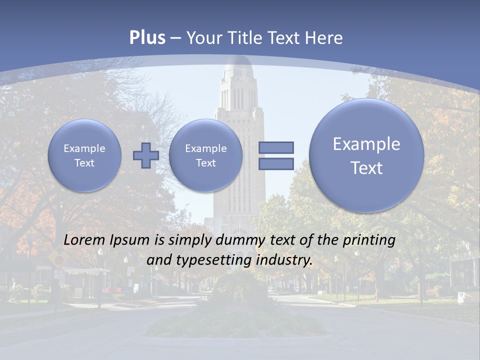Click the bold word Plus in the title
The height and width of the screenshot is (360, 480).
pos(147,38)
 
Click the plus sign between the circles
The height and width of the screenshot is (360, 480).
pos(146,155)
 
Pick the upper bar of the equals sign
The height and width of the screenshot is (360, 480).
pos(276,147)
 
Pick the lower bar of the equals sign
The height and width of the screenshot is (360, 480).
pos(276,163)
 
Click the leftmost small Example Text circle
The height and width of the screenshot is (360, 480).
pos(84,155)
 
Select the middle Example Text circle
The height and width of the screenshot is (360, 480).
pos(205,155)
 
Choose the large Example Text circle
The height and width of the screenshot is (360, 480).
pos(366,155)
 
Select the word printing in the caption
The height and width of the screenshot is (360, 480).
pos(368,240)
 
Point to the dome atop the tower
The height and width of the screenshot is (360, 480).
pos(238,65)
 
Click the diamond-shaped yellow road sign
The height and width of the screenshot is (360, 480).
pos(59,259)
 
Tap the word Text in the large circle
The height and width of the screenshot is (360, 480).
pos(366,168)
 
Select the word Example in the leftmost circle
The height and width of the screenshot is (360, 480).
pos(84,148)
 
